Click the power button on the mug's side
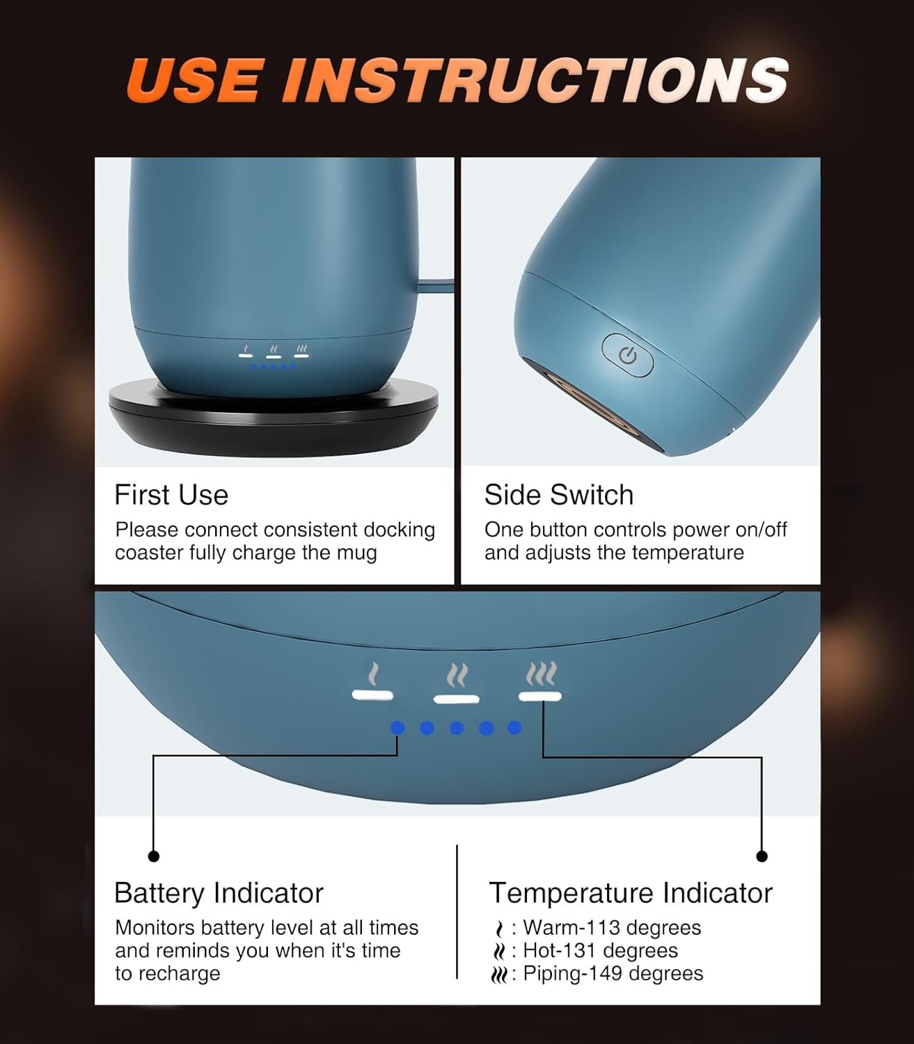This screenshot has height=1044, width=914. (x=627, y=355)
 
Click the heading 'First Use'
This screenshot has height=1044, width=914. (x=171, y=494)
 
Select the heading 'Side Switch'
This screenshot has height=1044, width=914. (x=559, y=494)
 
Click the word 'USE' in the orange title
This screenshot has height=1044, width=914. (x=195, y=80)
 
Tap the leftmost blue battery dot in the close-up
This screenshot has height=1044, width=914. (x=397, y=727)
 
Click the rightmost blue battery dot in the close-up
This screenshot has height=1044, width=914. (x=515, y=727)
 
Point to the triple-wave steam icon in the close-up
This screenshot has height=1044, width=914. (x=541, y=674)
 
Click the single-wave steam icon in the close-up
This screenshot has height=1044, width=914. (x=374, y=674)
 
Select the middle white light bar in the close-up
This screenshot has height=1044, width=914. (x=456, y=699)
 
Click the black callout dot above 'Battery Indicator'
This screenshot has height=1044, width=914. (x=154, y=855)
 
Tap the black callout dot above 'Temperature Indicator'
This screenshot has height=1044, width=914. (x=762, y=855)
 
